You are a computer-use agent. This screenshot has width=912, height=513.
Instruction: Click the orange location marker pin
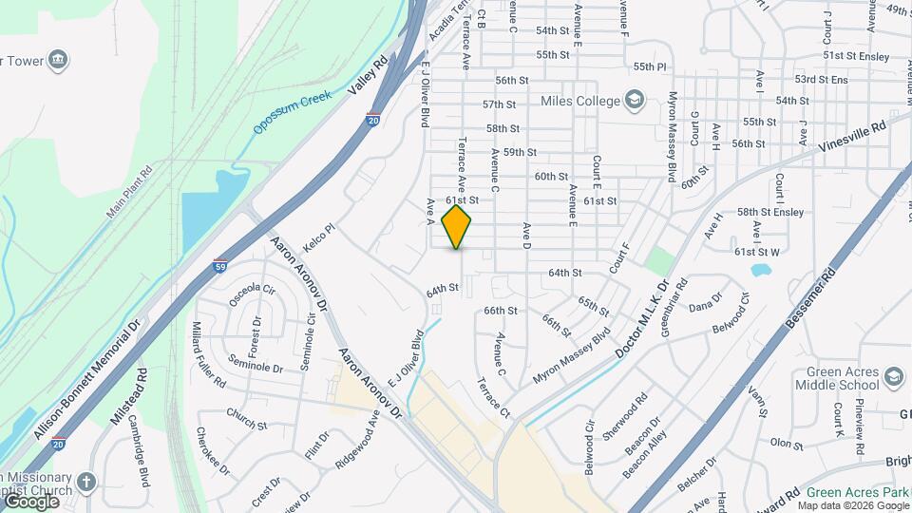click(457, 227)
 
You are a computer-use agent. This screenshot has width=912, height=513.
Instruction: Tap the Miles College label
click(579, 101)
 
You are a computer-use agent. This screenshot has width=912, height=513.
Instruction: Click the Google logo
click(31, 501)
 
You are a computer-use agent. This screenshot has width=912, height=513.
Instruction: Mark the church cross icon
click(86, 482)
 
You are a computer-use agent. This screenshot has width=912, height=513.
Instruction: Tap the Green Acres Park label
click(854, 492)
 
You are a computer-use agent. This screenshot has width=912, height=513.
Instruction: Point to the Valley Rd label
click(369, 74)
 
